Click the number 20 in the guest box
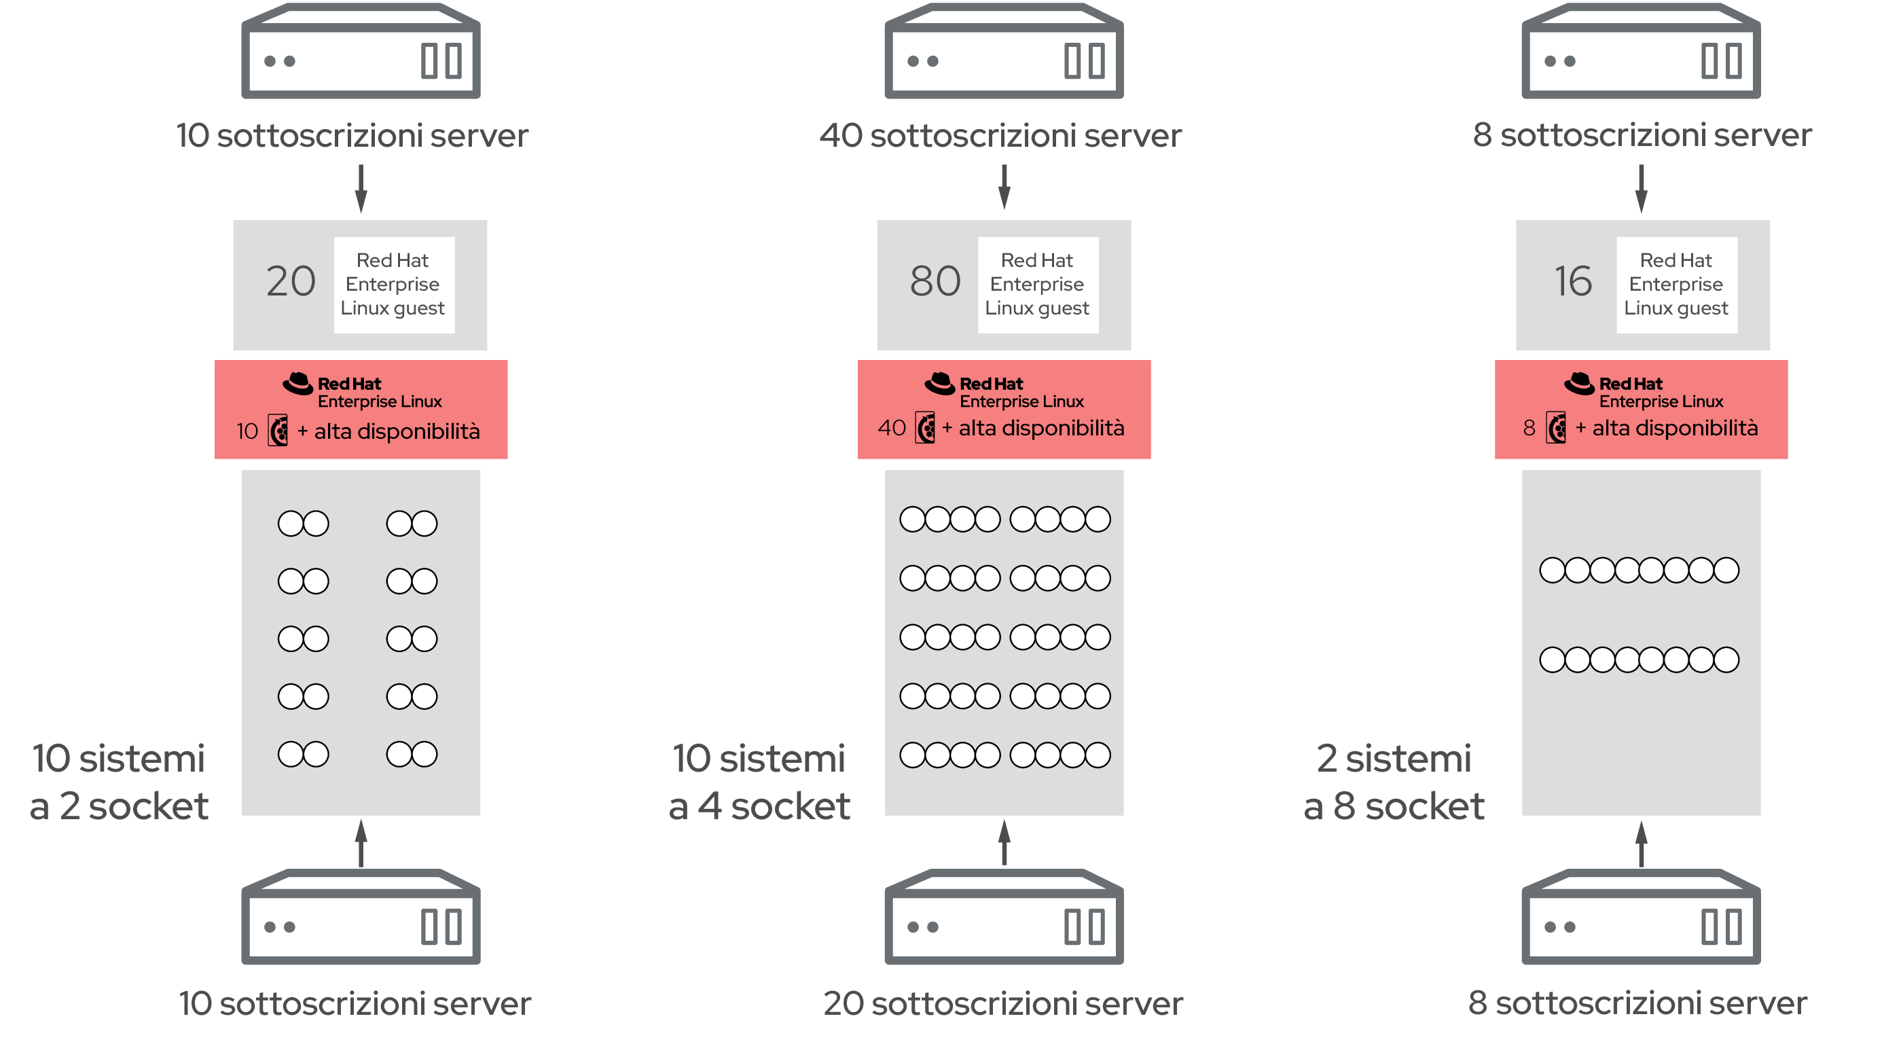[x=291, y=281]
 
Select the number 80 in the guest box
[x=935, y=281]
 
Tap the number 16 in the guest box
[x=1573, y=281]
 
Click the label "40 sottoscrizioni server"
[x=1000, y=135]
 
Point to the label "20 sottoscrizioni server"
[x=1002, y=1003]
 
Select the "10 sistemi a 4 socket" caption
[x=759, y=782]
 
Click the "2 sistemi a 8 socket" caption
[x=1394, y=782]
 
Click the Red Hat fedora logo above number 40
[x=940, y=383]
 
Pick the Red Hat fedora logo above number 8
[x=1579, y=383]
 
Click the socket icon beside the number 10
[x=278, y=430]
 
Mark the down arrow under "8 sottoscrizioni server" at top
[x=1641, y=189]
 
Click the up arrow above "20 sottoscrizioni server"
[x=1004, y=843]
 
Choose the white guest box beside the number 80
[x=1038, y=285]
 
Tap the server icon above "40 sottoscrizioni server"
[x=1004, y=50]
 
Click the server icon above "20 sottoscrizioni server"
[x=1004, y=916]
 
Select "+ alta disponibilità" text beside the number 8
[x=1666, y=428]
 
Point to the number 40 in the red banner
[x=892, y=428]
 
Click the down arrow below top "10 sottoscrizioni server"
[x=361, y=189]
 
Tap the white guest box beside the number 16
[x=1676, y=285]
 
